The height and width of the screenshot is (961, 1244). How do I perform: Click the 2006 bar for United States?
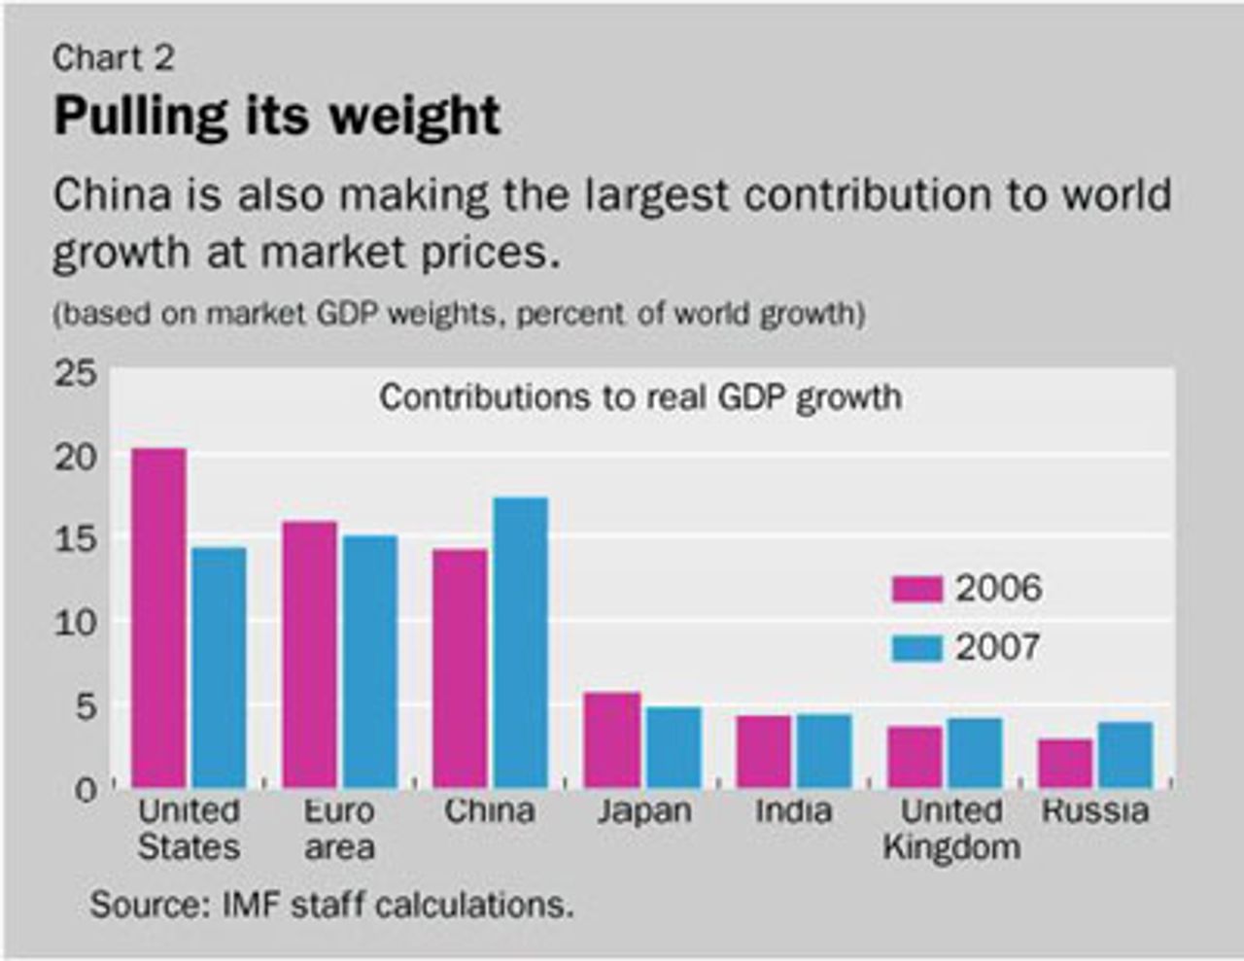[x=158, y=618]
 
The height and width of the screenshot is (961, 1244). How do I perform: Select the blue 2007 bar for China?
[x=521, y=642]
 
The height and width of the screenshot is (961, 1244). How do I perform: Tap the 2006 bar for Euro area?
[x=310, y=654]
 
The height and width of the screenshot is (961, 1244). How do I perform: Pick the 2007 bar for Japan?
[x=674, y=746]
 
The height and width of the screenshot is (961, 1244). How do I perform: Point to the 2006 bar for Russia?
[x=1065, y=763]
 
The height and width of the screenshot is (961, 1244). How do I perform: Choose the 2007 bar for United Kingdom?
[x=975, y=752]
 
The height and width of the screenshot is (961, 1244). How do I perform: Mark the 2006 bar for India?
[x=764, y=751]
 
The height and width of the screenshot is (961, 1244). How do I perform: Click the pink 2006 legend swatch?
[x=916, y=589]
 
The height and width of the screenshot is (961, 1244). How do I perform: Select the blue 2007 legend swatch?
[x=916, y=648]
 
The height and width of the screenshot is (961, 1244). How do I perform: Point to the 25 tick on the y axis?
[x=75, y=374]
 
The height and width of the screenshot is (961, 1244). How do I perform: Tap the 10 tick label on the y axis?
[x=75, y=623]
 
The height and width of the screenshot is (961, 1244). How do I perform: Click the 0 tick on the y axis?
[x=86, y=789]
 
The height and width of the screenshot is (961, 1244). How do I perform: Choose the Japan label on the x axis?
[x=644, y=810]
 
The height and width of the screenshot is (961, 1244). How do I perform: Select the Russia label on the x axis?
[x=1094, y=810]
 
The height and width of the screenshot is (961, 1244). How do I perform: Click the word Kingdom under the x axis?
[x=951, y=846]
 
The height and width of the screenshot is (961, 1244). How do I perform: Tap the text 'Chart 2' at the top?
[x=114, y=58]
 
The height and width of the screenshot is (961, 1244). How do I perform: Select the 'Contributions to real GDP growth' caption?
[x=640, y=397]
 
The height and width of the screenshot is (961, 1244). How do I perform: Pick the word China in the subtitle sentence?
[x=112, y=195]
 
